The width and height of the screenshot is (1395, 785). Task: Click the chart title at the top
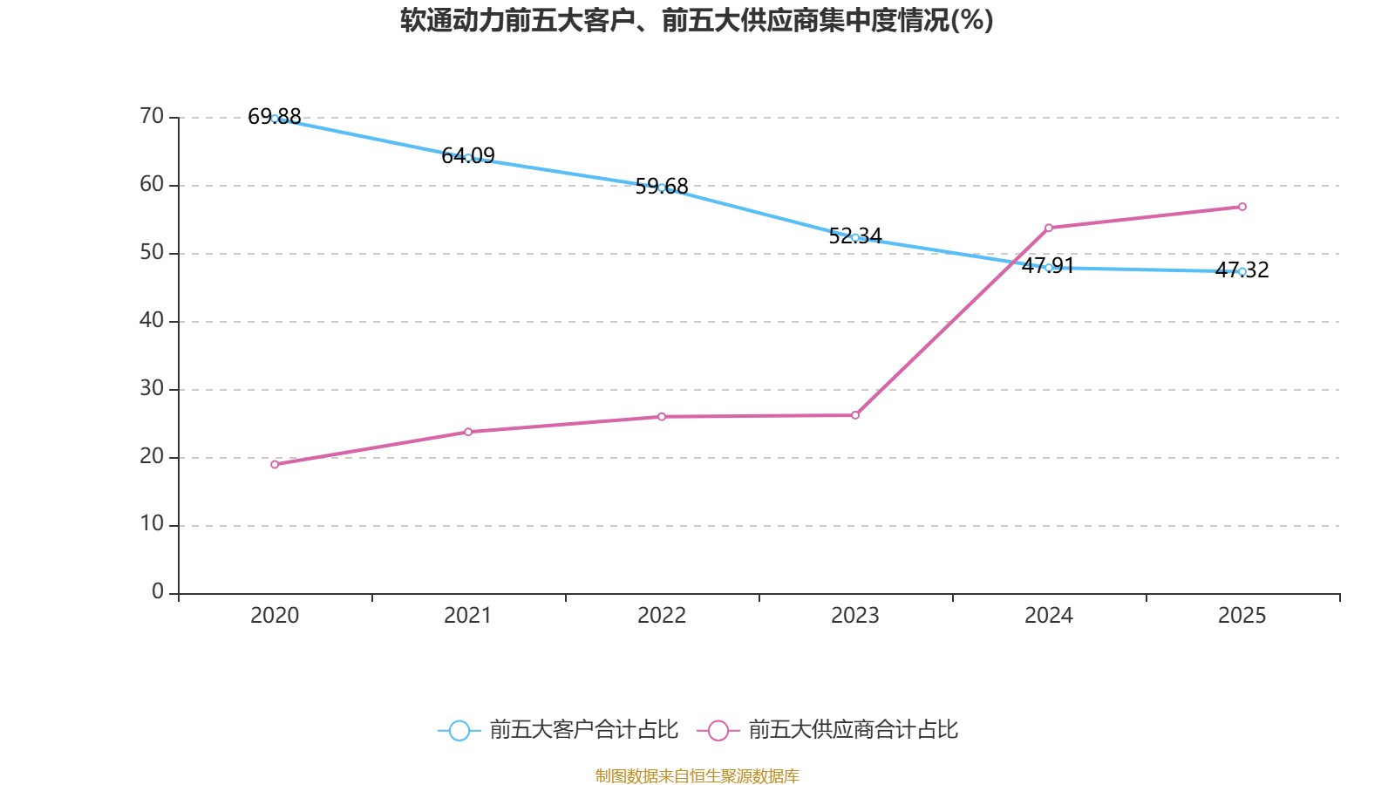[697, 20]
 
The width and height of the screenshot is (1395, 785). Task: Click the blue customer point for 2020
[275, 119]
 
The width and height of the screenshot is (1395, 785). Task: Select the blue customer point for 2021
[468, 158]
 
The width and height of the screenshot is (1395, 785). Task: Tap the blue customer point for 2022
[662, 188]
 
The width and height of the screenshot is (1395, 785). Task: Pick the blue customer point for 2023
[855, 237]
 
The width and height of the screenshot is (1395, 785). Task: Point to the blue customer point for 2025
[1242, 271]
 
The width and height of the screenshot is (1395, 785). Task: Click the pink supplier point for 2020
[275, 464]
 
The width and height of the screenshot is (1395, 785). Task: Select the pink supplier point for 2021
[468, 432]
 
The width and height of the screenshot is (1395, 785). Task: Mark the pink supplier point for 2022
[662, 417]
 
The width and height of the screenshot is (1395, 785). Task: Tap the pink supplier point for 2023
[855, 415]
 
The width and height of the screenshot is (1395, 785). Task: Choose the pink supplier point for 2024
[1049, 228]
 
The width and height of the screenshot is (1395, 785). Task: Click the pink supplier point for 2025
[1242, 207]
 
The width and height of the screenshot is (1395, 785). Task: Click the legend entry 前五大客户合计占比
[558, 730]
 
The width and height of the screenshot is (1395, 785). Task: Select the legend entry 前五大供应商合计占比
[828, 730]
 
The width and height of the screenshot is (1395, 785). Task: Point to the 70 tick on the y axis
[152, 117]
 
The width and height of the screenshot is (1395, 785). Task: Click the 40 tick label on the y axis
[152, 321]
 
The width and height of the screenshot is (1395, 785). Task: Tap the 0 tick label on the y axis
[158, 592]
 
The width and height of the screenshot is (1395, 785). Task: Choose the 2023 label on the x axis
[855, 616]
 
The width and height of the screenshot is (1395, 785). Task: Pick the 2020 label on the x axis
[275, 616]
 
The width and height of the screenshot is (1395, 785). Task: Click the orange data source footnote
[697, 775]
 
